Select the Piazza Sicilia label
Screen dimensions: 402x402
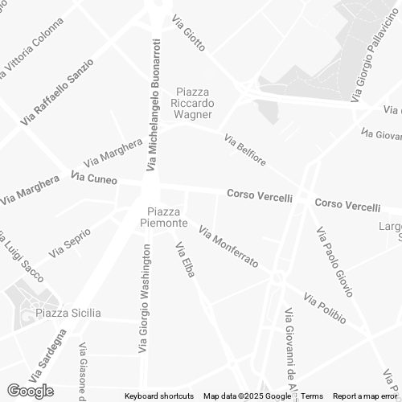pyautogui.click(x=68, y=313)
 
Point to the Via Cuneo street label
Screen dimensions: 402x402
pyautogui.click(x=94, y=178)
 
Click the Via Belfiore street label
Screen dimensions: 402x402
pyautogui.click(x=245, y=150)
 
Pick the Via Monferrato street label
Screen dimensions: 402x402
pyautogui.click(x=228, y=248)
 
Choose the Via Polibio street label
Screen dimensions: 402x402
pyautogui.click(x=325, y=310)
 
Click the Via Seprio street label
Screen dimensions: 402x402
pyautogui.click(x=68, y=245)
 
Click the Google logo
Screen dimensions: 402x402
pyautogui.click(x=30, y=391)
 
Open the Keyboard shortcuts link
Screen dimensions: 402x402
pyautogui.click(x=159, y=396)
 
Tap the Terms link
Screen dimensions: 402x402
pyautogui.click(x=312, y=396)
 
